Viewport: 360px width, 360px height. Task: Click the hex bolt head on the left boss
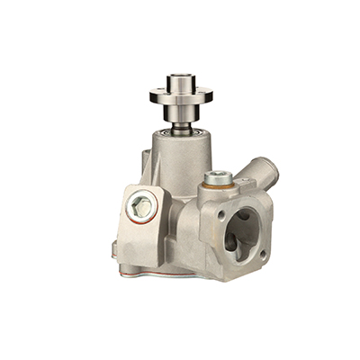coord(140,207)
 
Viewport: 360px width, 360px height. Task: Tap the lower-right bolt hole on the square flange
coord(262,254)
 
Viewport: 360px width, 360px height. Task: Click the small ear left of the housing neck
coord(143,162)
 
